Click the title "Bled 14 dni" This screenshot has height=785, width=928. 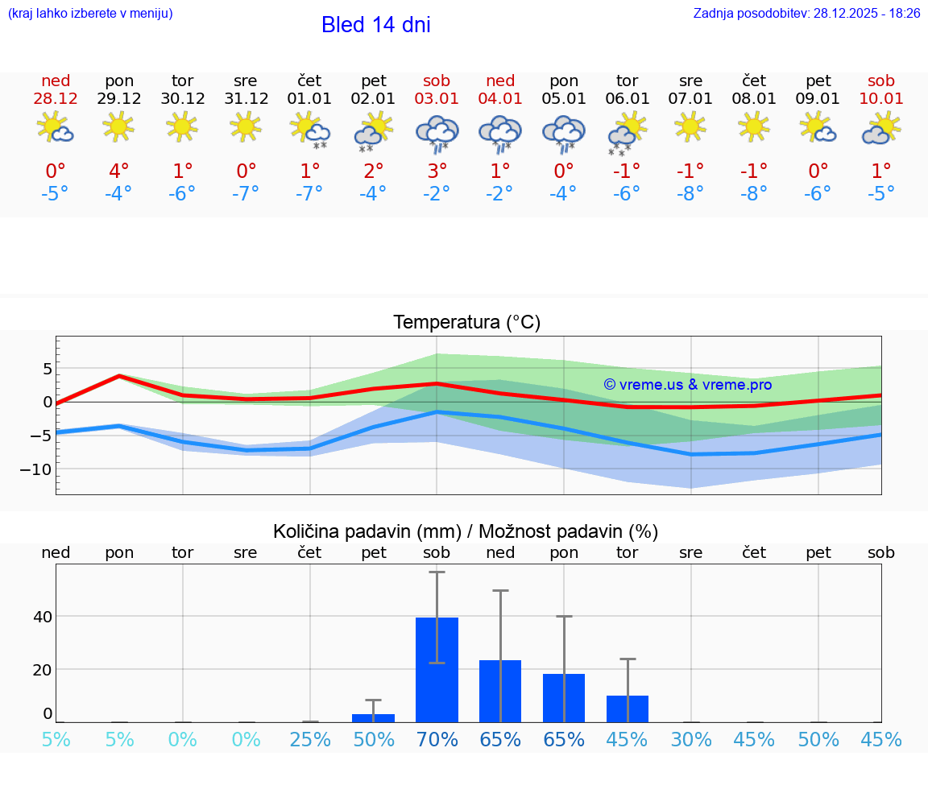pyautogui.click(x=375, y=25)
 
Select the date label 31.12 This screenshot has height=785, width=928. pyautogui.click(x=246, y=98)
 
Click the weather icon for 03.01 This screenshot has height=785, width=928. pyautogui.click(x=437, y=133)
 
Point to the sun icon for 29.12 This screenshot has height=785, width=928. pyautogui.click(x=119, y=126)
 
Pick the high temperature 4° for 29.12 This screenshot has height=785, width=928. pyautogui.click(x=119, y=171)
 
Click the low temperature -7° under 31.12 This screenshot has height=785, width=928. pyautogui.click(x=246, y=193)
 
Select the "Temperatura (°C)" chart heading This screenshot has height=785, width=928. pyautogui.click(x=466, y=322)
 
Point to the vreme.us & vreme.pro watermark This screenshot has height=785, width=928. pyautogui.click(x=688, y=385)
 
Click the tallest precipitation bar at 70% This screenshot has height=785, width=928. pyautogui.click(x=437, y=669)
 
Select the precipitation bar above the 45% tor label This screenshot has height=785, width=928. pyautogui.click(x=627, y=709)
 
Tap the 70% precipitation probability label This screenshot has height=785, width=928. pyautogui.click(x=437, y=739)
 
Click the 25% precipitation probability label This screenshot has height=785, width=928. pyautogui.click(x=310, y=739)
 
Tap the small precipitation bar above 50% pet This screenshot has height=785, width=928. pyautogui.click(x=373, y=717)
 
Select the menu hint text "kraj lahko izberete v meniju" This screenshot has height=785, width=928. pyautogui.click(x=89, y=13)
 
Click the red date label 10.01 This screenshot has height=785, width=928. pyautogui.click(x=881, y=98)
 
